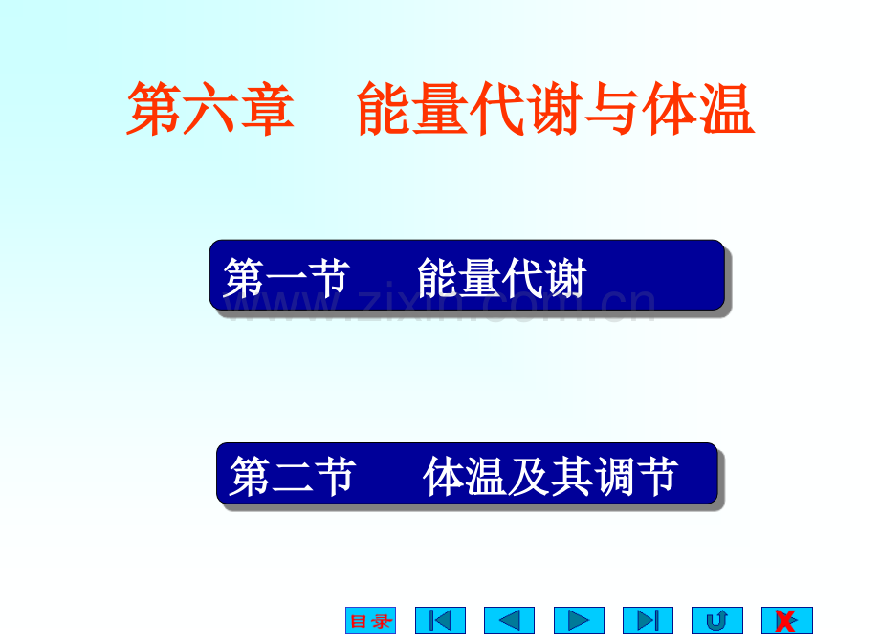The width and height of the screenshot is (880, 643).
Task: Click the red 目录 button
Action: (x=370, y=620)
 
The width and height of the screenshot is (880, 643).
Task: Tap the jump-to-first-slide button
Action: (x=440, y=620)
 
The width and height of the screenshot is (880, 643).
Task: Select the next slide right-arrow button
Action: (x=579, y=620)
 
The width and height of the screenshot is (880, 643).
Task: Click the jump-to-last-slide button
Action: (x=648, y=620)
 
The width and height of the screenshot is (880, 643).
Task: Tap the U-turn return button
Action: (x=717, y=620)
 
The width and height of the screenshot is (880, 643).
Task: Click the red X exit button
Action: (x=787, y=620)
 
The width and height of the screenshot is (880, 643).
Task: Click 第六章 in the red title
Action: (x=210, y=109)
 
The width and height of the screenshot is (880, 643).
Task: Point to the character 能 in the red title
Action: (x=385, y=109)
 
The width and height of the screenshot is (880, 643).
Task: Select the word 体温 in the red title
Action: (x=698, y=109)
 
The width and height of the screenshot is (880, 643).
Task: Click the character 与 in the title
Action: (x=612, y=109)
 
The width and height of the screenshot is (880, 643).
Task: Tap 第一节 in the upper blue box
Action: (x=286, y=278)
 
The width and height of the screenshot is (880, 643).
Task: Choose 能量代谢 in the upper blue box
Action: (x=502, y=278)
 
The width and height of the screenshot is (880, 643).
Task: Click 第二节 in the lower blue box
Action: (x=293, y=476)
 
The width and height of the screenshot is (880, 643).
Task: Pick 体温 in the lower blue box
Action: (x=465, y=476)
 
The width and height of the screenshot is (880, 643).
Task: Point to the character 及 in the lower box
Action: (x=528, y=476)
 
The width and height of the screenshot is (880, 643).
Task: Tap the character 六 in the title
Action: (x=210, y=109)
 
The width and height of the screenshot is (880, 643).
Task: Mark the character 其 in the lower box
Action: (x=571, y=476)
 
